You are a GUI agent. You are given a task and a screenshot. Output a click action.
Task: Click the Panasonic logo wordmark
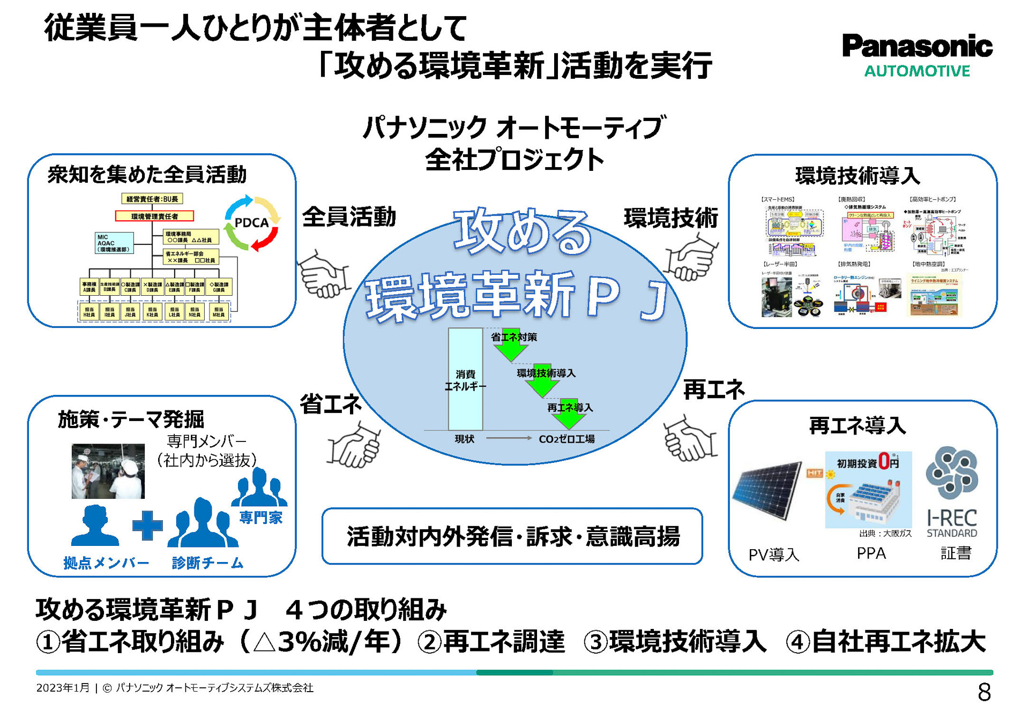point(916,46)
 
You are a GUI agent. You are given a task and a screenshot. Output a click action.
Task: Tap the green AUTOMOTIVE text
point(916,71)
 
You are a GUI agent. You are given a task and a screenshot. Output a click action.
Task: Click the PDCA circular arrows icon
point(251,223)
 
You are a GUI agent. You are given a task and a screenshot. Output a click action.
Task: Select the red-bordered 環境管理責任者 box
point(154,216)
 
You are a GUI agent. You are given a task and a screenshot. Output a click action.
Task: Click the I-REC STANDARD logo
point(952,493)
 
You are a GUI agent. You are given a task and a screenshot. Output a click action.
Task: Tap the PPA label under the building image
point(871,553)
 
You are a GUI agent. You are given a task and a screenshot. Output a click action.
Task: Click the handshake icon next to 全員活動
point(323,274)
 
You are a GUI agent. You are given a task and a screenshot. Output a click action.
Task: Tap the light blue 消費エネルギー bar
point(465,379)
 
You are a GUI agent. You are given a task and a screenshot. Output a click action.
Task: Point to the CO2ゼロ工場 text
point(566,439)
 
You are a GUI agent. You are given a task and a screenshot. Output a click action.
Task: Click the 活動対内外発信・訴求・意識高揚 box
point(512,536)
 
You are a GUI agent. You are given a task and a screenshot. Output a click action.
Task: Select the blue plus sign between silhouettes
point(147,525)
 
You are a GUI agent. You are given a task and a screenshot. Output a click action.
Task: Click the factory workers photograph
point(108,471)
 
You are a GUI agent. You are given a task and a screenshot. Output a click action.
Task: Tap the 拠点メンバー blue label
point(106,563)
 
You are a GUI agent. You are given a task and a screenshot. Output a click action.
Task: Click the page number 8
point(984,692)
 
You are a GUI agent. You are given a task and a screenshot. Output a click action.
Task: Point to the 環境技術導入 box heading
point(857,176)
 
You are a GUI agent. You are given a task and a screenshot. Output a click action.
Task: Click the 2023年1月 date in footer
point(62,688)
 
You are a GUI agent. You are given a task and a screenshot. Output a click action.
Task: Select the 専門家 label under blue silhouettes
point(261,517)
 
